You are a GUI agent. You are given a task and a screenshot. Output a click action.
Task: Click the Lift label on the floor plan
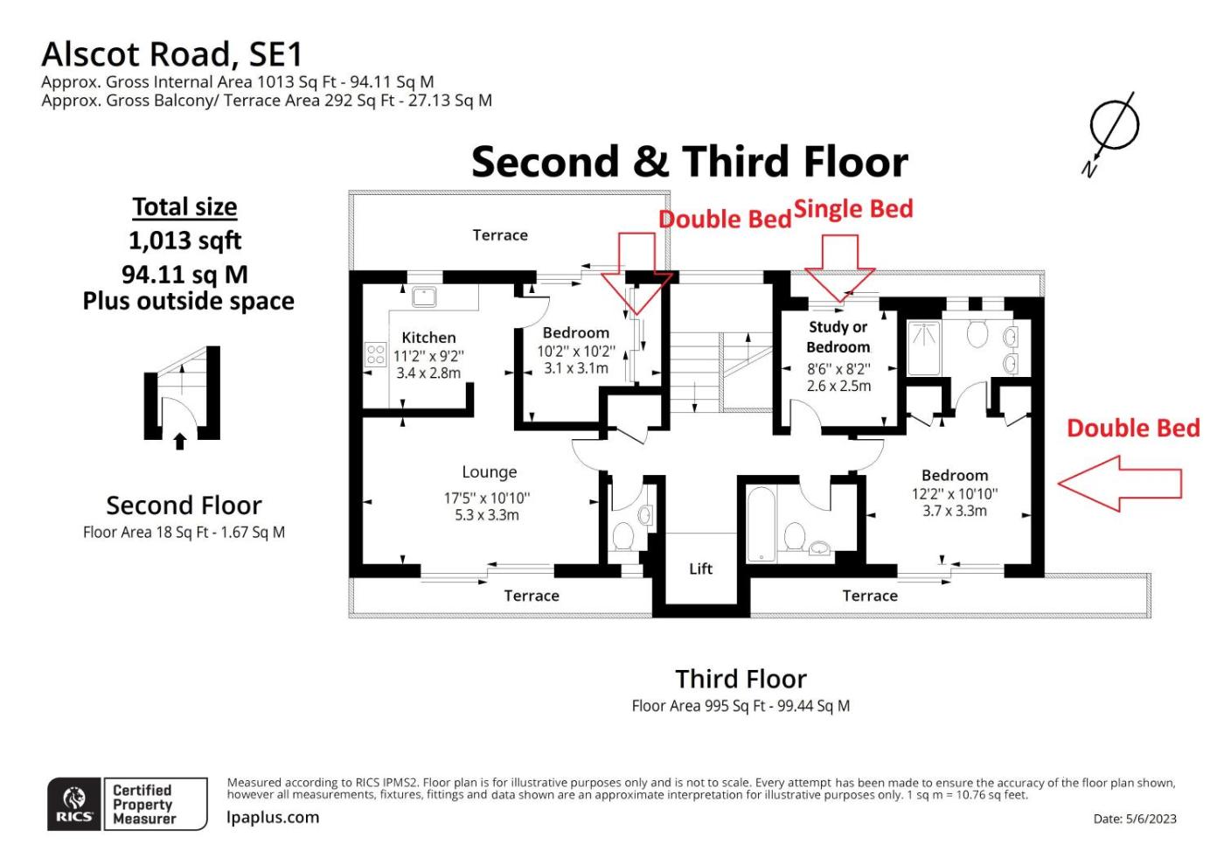coord(700,569)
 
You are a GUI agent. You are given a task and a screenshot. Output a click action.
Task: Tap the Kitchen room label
coord(428,338)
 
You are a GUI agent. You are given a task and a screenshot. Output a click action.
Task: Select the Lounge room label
coord(489,472)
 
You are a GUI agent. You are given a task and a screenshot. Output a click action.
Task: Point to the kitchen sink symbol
coord(424,296)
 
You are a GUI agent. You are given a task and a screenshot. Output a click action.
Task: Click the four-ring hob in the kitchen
coord(375,353)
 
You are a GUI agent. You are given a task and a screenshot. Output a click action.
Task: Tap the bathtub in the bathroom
coord(762,525)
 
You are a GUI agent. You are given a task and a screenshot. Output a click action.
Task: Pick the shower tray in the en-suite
coord(924,348)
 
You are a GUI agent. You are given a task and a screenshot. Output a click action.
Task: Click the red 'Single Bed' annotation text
coord(853,209)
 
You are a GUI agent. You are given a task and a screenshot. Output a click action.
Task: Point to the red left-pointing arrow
coord(1120,484)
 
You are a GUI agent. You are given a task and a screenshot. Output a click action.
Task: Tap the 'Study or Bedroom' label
coord(838,337)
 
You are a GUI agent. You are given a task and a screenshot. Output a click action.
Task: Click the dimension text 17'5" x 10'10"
coord(487,499)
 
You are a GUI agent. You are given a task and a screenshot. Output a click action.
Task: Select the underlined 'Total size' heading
coord(184,206)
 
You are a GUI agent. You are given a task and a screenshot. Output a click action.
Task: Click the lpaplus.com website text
coord(273,818)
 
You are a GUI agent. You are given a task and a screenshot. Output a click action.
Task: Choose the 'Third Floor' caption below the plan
coord(741,679)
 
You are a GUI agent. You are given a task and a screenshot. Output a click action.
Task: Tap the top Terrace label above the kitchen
coord(500,235)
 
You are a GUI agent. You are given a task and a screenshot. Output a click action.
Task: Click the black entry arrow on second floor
coord(180,442)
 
